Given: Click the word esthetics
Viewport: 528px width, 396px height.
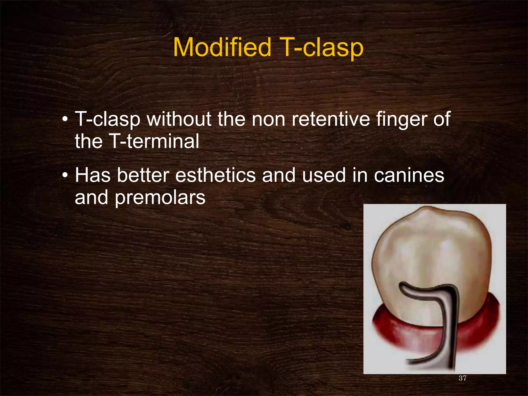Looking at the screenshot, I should tap(216, 175).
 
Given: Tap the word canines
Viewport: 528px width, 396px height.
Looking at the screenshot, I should tap(409, 175).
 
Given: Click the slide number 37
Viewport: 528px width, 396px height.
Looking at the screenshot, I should tap(463, 378).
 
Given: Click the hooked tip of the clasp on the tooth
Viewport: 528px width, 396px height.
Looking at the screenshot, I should tap(403, 288).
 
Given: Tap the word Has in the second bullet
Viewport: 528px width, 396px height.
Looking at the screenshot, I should tap(93, 175).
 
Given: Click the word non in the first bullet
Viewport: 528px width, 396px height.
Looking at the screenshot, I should tap(269, 120).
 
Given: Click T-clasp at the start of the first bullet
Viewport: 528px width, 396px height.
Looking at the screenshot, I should tap(108, 120).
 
